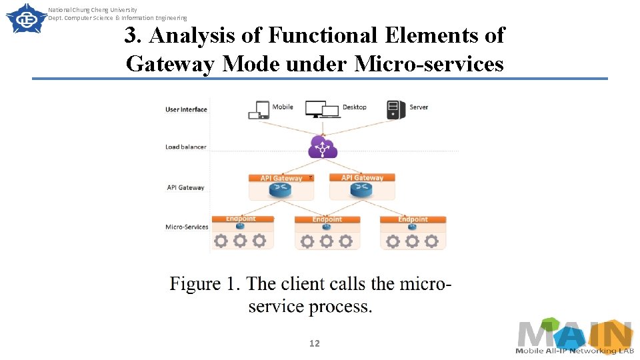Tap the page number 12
[x=315, y=343]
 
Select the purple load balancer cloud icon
[x=323, y=147]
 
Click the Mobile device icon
[x=259, y=110]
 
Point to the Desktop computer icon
[x=322, y=109]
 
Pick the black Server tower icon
[x=396, y=109]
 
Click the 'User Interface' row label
[x=186, y=109]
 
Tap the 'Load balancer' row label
[x=186, y=147]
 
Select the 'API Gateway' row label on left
[x=185, y=187]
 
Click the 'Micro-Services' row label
[x=187, y=227]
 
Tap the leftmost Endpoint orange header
[x=241, y=219]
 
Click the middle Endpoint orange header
[x=327, y=219]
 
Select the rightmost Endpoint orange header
[x=413, y=219]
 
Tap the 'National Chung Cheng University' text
[x=93, y=10]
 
